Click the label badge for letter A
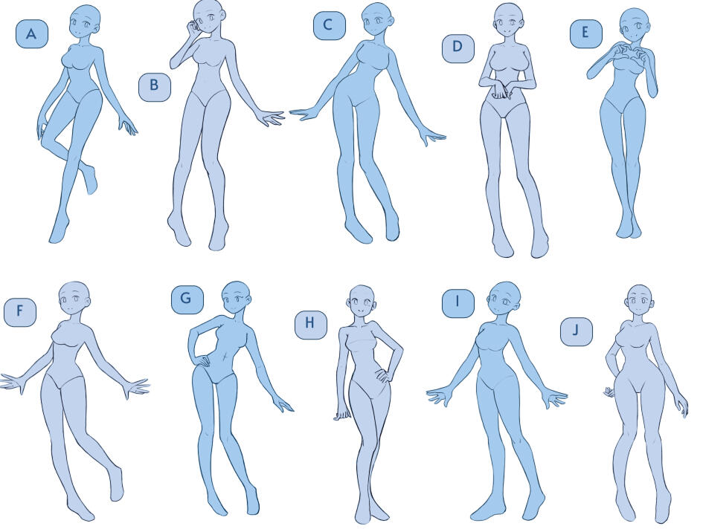pyautogui.click(x=32, y=33)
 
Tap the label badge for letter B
pyautogui.click(x=155, y=85)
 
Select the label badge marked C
pyautogui.click(x=330, y=25)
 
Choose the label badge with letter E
pyautogui.click(x=586, y=33)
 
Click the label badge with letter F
pyautogui.click(x=20, y=311)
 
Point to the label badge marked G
pyautogui.click(x=187, y=299)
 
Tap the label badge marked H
pyautogui.click(x=311, y=324)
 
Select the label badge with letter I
pyautogui.click(x=458, y=303)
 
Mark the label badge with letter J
pyautogui.click(x=576, y=331)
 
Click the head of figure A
pyautogui.click(x=86, y=23)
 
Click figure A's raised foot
pyautogui.click(x=92, y=180)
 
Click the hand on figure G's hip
pyautogui.click(x=201, y=360)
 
